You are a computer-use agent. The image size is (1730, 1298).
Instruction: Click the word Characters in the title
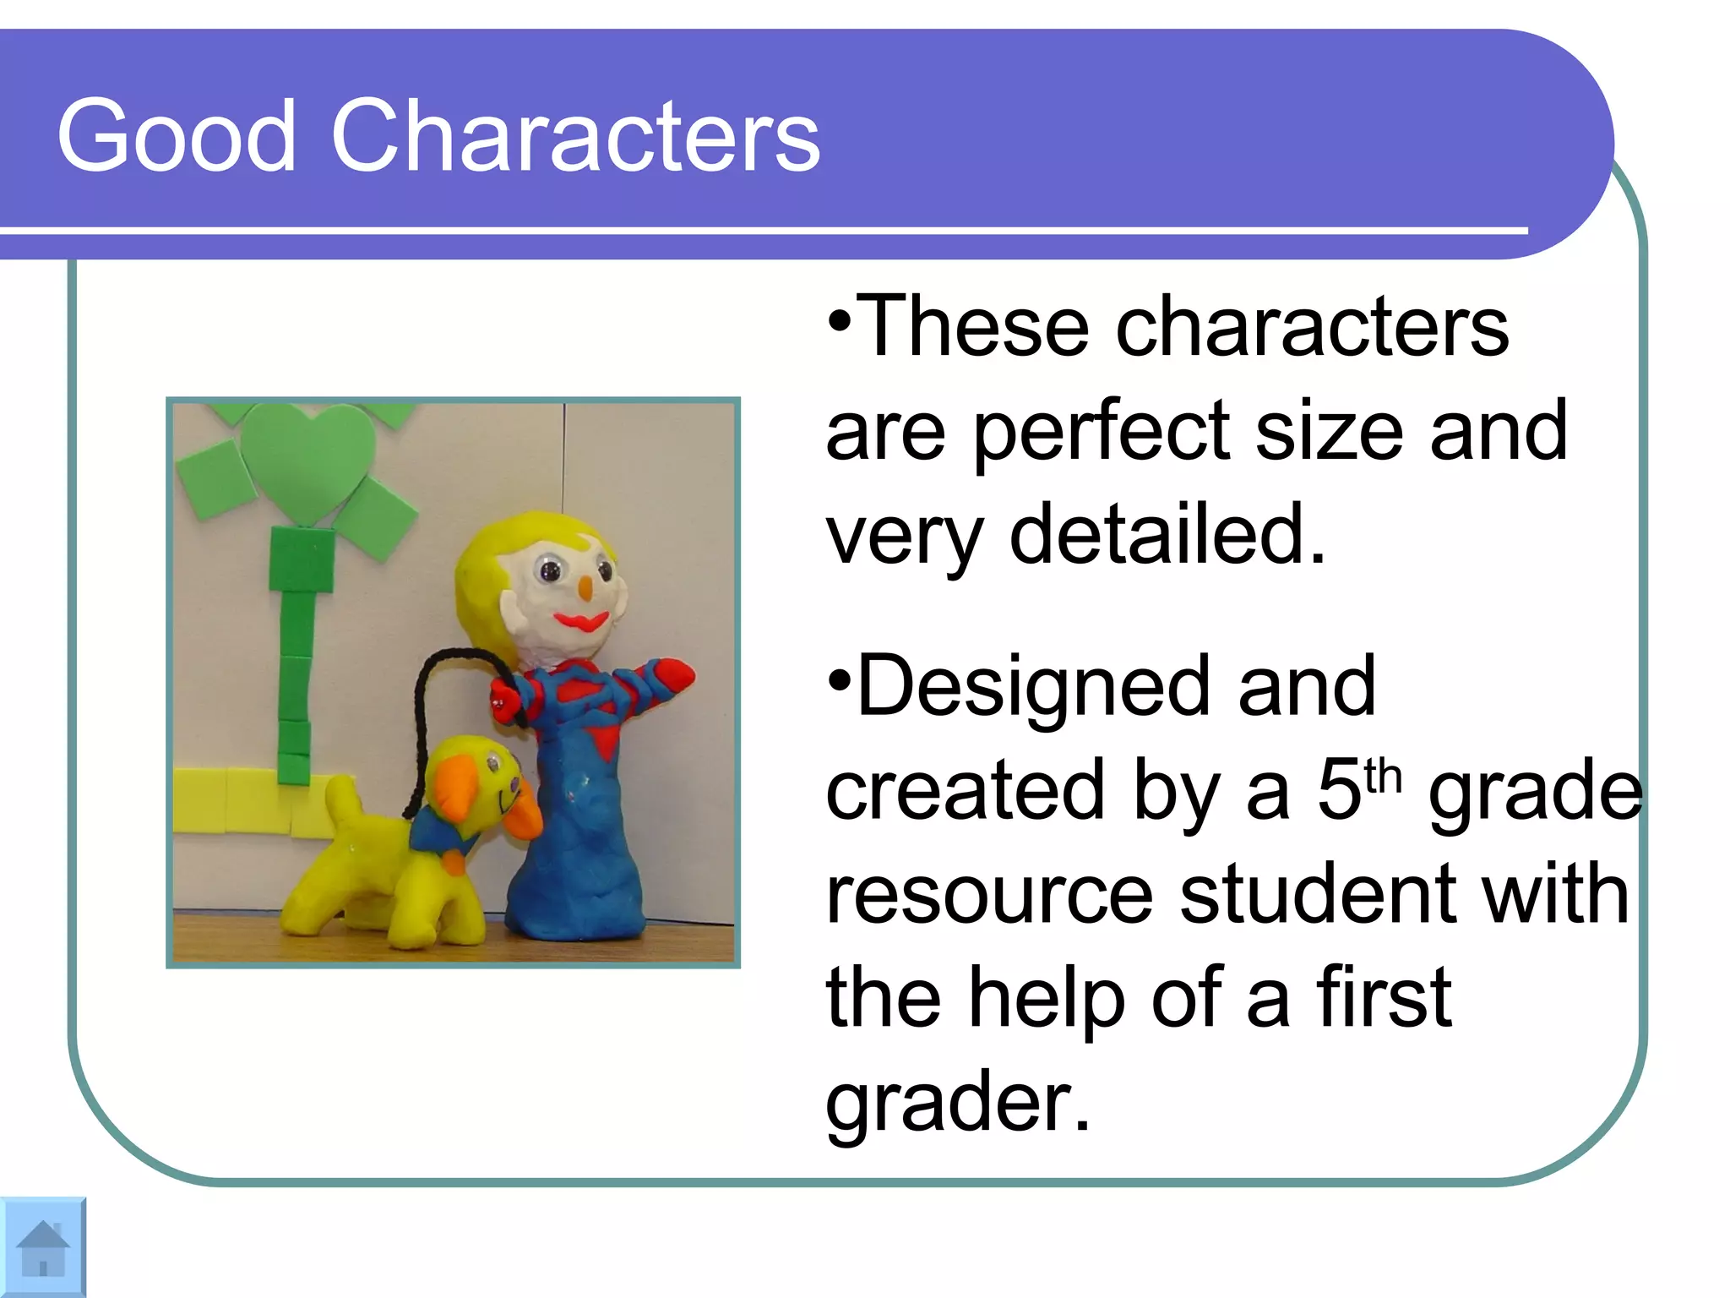[575, 137]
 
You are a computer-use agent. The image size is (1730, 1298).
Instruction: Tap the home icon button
[42, 1247]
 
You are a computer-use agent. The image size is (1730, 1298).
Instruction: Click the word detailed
[1167, 534]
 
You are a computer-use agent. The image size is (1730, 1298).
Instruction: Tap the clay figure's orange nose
[584, 587]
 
